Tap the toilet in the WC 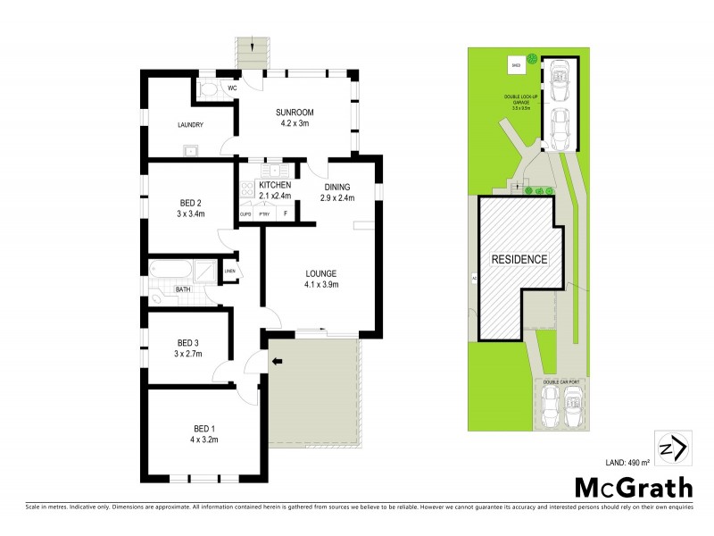tap(207, 88)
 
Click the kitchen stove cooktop tap(244, 188)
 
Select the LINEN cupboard tap(229, 271)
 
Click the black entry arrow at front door tap(277, 361)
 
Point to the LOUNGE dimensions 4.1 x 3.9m tap(320, 285)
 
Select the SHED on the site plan tap(515, 64)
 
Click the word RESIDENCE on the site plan tap(519, 259)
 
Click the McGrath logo tap(633, 488)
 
